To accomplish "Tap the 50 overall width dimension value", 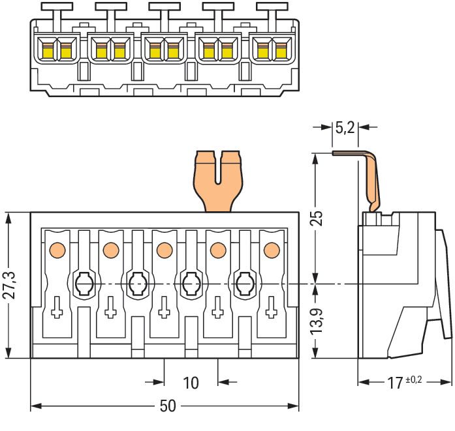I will [x=168, y=406].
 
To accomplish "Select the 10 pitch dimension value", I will [x=191, y=382].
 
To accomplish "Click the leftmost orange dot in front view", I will [x=57, y=249].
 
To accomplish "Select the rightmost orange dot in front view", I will [x=270, y=249].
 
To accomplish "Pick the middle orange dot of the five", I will [x=164, y=249].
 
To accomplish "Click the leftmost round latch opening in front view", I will [x=83, y=284].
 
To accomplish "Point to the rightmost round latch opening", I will [x=243, y=284].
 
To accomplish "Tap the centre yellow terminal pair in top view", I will [x=165, y=50].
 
